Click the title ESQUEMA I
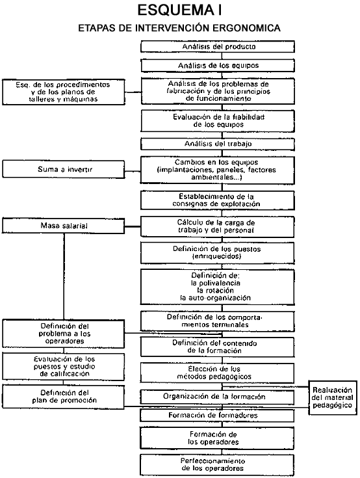pos(180,10)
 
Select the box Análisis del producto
pos(218,47)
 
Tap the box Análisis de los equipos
pos(218,66)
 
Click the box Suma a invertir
pos(64,169)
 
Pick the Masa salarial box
pos(64,226)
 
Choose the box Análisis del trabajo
pos(218,144)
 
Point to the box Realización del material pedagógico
pos(333,397)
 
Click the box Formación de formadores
pos(218,416)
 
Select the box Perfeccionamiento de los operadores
pos(218,465)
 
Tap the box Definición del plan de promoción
pos(64,397)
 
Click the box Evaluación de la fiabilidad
pos(218,121)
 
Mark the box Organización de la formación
pos(218,397)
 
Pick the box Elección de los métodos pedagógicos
pos(218,373)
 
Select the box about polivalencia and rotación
pos(218,287)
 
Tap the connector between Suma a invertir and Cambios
pos(133,171)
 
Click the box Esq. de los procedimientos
pos(64,92)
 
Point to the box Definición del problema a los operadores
pos(64,334)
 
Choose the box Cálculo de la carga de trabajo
pos(218,226)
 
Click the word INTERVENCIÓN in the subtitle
pos(172,28)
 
